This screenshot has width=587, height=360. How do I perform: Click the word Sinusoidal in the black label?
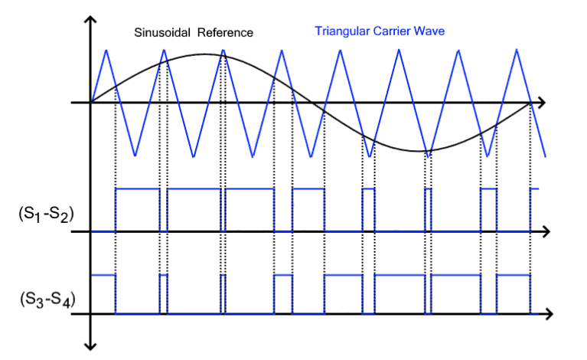click(x=162, y=33)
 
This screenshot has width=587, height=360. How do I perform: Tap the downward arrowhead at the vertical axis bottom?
click(x=92, y=344)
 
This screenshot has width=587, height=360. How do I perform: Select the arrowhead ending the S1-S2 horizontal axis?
click(x=546, y=231)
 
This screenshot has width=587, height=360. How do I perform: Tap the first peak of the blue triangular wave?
click(x=106, y=50)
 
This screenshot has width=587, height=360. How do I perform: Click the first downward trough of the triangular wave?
click(x=135, y=155)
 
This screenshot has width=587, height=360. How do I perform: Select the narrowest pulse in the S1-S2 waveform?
click(x=428, y=209)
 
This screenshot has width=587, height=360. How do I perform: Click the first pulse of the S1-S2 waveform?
click(x=137, y=209)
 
